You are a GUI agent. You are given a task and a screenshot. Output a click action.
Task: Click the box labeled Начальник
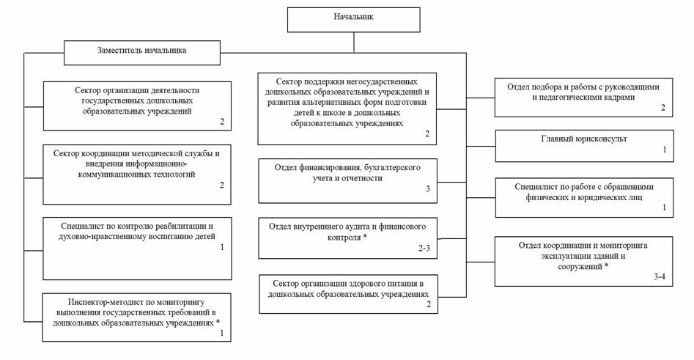353,19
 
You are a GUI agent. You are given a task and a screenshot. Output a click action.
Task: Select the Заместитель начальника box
142,51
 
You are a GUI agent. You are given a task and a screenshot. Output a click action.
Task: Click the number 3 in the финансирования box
428,189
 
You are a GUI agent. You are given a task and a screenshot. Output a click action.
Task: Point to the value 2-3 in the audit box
424,249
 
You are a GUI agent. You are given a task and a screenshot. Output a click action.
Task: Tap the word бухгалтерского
392,168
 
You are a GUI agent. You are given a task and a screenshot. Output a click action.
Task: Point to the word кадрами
610,97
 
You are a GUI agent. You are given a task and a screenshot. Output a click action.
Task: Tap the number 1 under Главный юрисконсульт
664,150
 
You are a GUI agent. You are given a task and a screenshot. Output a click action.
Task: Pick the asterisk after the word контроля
364,238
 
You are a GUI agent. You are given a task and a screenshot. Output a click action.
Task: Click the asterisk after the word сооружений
605,267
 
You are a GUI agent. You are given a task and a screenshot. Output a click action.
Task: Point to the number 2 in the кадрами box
662,108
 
